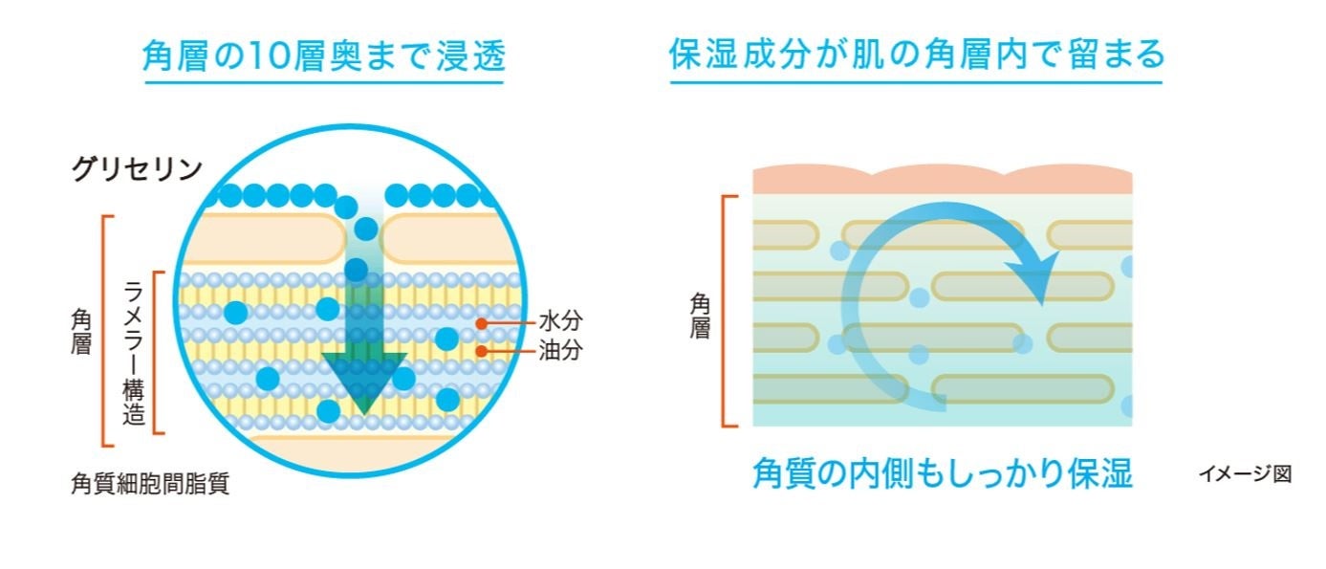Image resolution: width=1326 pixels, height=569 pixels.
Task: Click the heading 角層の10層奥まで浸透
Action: tap(323, 55)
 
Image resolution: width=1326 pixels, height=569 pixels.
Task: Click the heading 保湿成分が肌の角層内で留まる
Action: tap(916, 55)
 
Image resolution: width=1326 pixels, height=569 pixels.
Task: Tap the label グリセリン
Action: tap(137, 169)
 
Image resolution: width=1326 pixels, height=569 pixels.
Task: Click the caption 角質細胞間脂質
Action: tap(150, 484)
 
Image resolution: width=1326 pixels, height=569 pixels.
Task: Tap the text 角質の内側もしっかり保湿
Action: tap(942, 473)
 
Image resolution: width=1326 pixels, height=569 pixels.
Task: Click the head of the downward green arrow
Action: tap(363, 383)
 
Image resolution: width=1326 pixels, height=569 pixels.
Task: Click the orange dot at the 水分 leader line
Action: tap(482, 322)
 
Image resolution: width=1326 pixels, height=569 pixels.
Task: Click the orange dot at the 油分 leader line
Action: tap(482, 351)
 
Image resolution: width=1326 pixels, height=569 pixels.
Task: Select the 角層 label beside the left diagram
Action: tap(81, 331)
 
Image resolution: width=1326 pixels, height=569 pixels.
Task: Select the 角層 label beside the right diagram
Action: tap(700, 316)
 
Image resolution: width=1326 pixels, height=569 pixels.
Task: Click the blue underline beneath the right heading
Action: tap(916, 82)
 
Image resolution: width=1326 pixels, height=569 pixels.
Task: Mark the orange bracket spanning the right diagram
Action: tap(727, 311)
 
